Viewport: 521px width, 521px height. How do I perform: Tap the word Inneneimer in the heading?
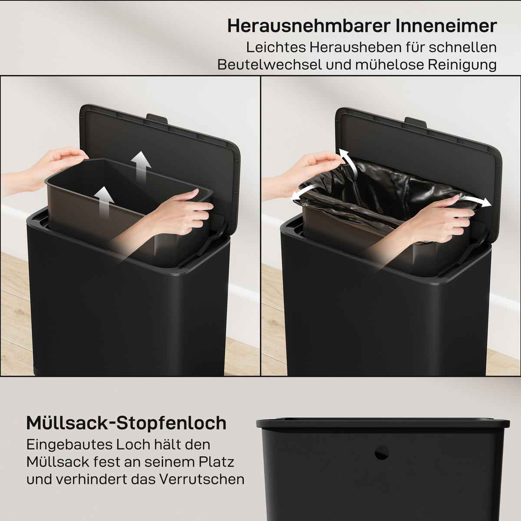pos(446,26)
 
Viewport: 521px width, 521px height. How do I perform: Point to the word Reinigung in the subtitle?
pos(462,65)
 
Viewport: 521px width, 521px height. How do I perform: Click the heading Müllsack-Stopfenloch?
pos(126,423)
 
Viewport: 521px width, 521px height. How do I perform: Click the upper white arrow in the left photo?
pos(142,167)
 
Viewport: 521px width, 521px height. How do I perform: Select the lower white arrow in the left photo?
pos(104,201)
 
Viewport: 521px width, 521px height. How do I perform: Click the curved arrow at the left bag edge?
pos(304,192)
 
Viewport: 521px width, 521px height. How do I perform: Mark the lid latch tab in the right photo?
pos(415,121)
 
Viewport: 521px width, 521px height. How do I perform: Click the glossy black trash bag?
pos(391,182)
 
